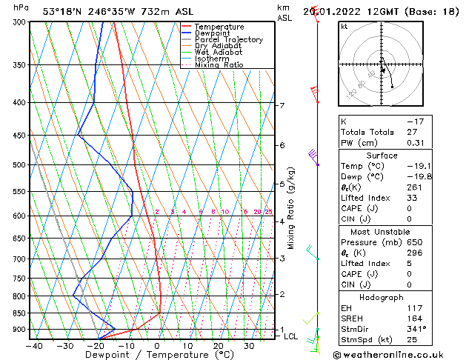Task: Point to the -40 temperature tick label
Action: [34, 345]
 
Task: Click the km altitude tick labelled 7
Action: [282, 106]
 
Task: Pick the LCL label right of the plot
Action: [291, 336]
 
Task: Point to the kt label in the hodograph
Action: [344, 27]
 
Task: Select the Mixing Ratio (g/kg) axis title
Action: [291, 207]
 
